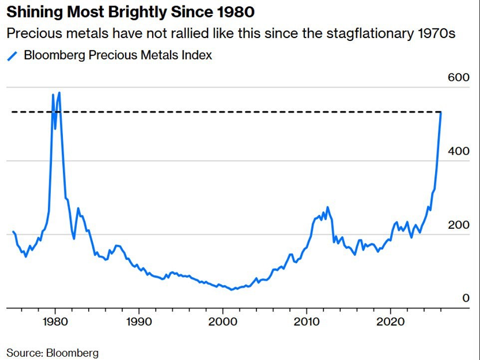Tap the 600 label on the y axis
(458, 78)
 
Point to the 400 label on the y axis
(458, 151)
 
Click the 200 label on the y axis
(458, 225)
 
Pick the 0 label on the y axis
(465, 298)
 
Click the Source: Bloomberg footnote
(52, 353)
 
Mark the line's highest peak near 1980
(59, 93)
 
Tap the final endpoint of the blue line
(441, 113)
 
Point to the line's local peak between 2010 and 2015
(327, 207)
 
